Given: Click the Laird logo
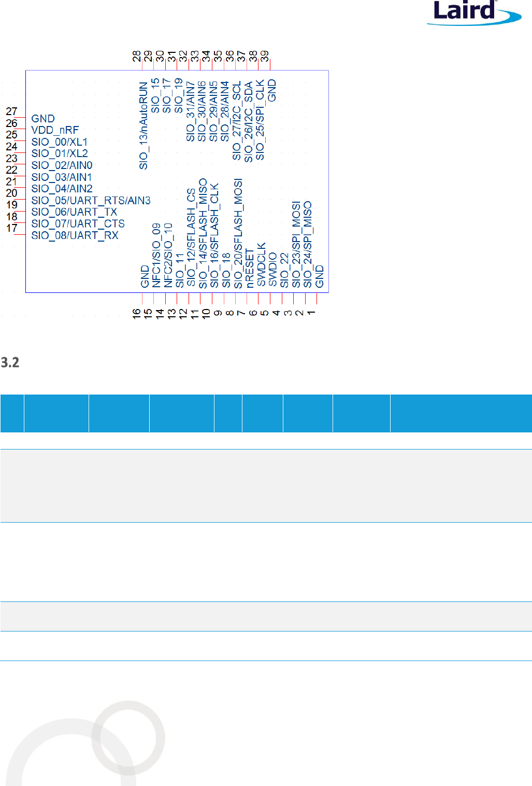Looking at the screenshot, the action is (473, 13).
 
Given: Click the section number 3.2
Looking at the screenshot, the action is (10, 362).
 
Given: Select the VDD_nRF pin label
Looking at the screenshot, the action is (55, 130).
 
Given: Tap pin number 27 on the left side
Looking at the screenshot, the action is (12, 111).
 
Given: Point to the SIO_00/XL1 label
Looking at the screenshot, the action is (60, 142).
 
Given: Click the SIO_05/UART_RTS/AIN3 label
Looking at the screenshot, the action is (91, 201).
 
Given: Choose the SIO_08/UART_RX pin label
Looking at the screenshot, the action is (75, 235).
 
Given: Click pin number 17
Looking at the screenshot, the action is (12, 228).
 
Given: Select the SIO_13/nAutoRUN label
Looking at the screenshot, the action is (143, 125).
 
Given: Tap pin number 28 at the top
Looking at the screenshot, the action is (137, 56).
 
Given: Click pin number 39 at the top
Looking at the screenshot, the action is (265, 56).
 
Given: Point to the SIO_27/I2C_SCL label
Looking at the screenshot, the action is (237, 120).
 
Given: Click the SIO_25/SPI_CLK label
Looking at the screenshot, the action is (260, 120).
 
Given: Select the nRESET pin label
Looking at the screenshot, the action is (250, 269).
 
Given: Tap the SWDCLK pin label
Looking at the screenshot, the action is (262, 264).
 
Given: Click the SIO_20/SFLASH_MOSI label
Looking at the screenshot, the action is (238, 234).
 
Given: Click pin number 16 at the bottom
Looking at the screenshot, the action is (136, 314).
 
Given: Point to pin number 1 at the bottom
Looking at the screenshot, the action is (311, 313).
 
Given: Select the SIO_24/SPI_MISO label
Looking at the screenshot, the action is (308, 245).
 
